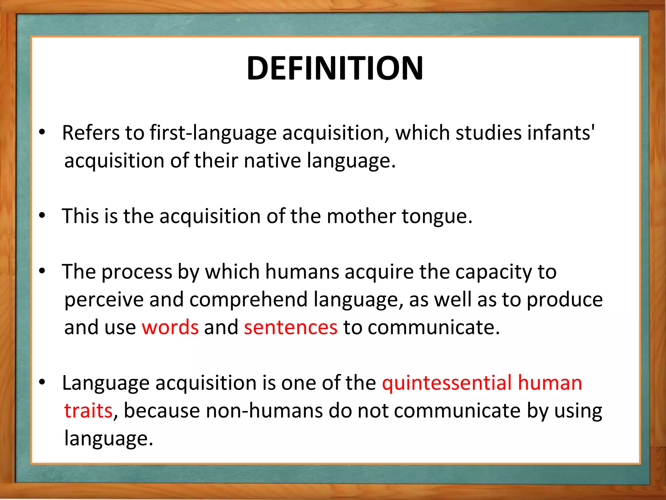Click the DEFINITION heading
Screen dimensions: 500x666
pos(335,68)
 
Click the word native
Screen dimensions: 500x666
pos(273,161)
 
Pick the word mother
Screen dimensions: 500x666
pos(361,216)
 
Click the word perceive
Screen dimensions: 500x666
pos(104,300)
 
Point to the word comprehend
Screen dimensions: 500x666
pos(248,300)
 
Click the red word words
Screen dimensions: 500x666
pos(170,327)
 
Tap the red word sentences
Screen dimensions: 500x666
pos(291,327)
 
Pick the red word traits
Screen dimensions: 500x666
pos(88,411)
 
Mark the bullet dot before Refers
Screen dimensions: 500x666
pos(42,132)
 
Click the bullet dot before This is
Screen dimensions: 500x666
pos(42,215)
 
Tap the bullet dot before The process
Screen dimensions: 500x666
pos(42,271)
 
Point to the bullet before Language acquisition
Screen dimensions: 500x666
pos(42,382)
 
